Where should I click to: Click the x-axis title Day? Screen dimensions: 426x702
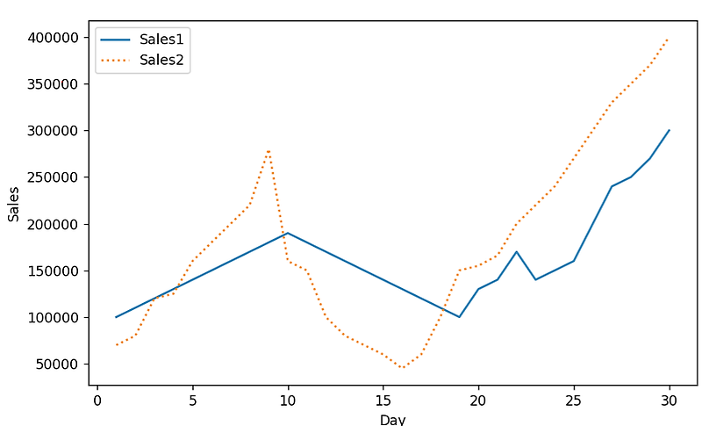[392, 419]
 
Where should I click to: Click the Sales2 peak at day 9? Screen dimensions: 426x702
[269, 150]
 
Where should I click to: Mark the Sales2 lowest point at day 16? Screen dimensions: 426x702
[402, 368]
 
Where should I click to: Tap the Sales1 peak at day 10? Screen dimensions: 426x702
[287, 233]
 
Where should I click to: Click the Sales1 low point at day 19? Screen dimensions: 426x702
[459, 317]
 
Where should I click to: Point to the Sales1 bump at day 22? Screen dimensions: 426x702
[516, 252]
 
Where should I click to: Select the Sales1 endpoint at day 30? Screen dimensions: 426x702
[669, 131]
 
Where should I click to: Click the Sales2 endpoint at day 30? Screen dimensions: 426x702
[669, 38]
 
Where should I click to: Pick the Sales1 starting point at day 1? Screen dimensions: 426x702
[116, 317]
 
